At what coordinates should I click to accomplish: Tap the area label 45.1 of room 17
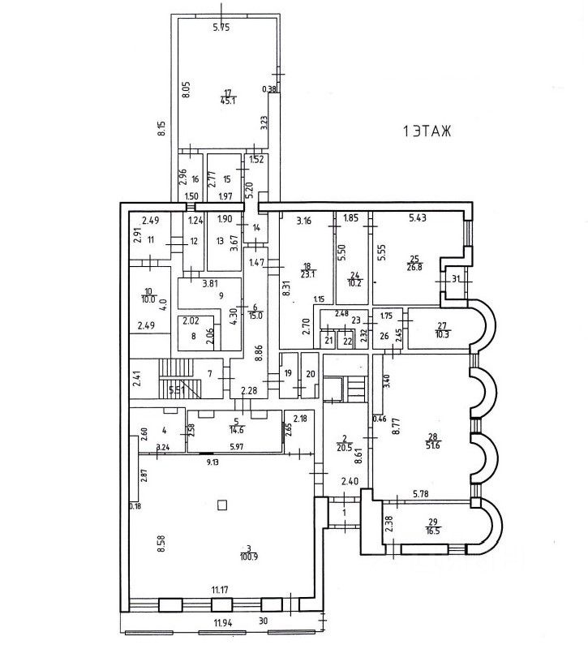228,101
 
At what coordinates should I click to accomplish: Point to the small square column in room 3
221,505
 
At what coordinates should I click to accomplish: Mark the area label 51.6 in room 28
431,444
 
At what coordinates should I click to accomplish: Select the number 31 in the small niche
456,280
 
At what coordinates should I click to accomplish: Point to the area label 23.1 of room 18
306,274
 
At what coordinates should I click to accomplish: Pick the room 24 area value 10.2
353,284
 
